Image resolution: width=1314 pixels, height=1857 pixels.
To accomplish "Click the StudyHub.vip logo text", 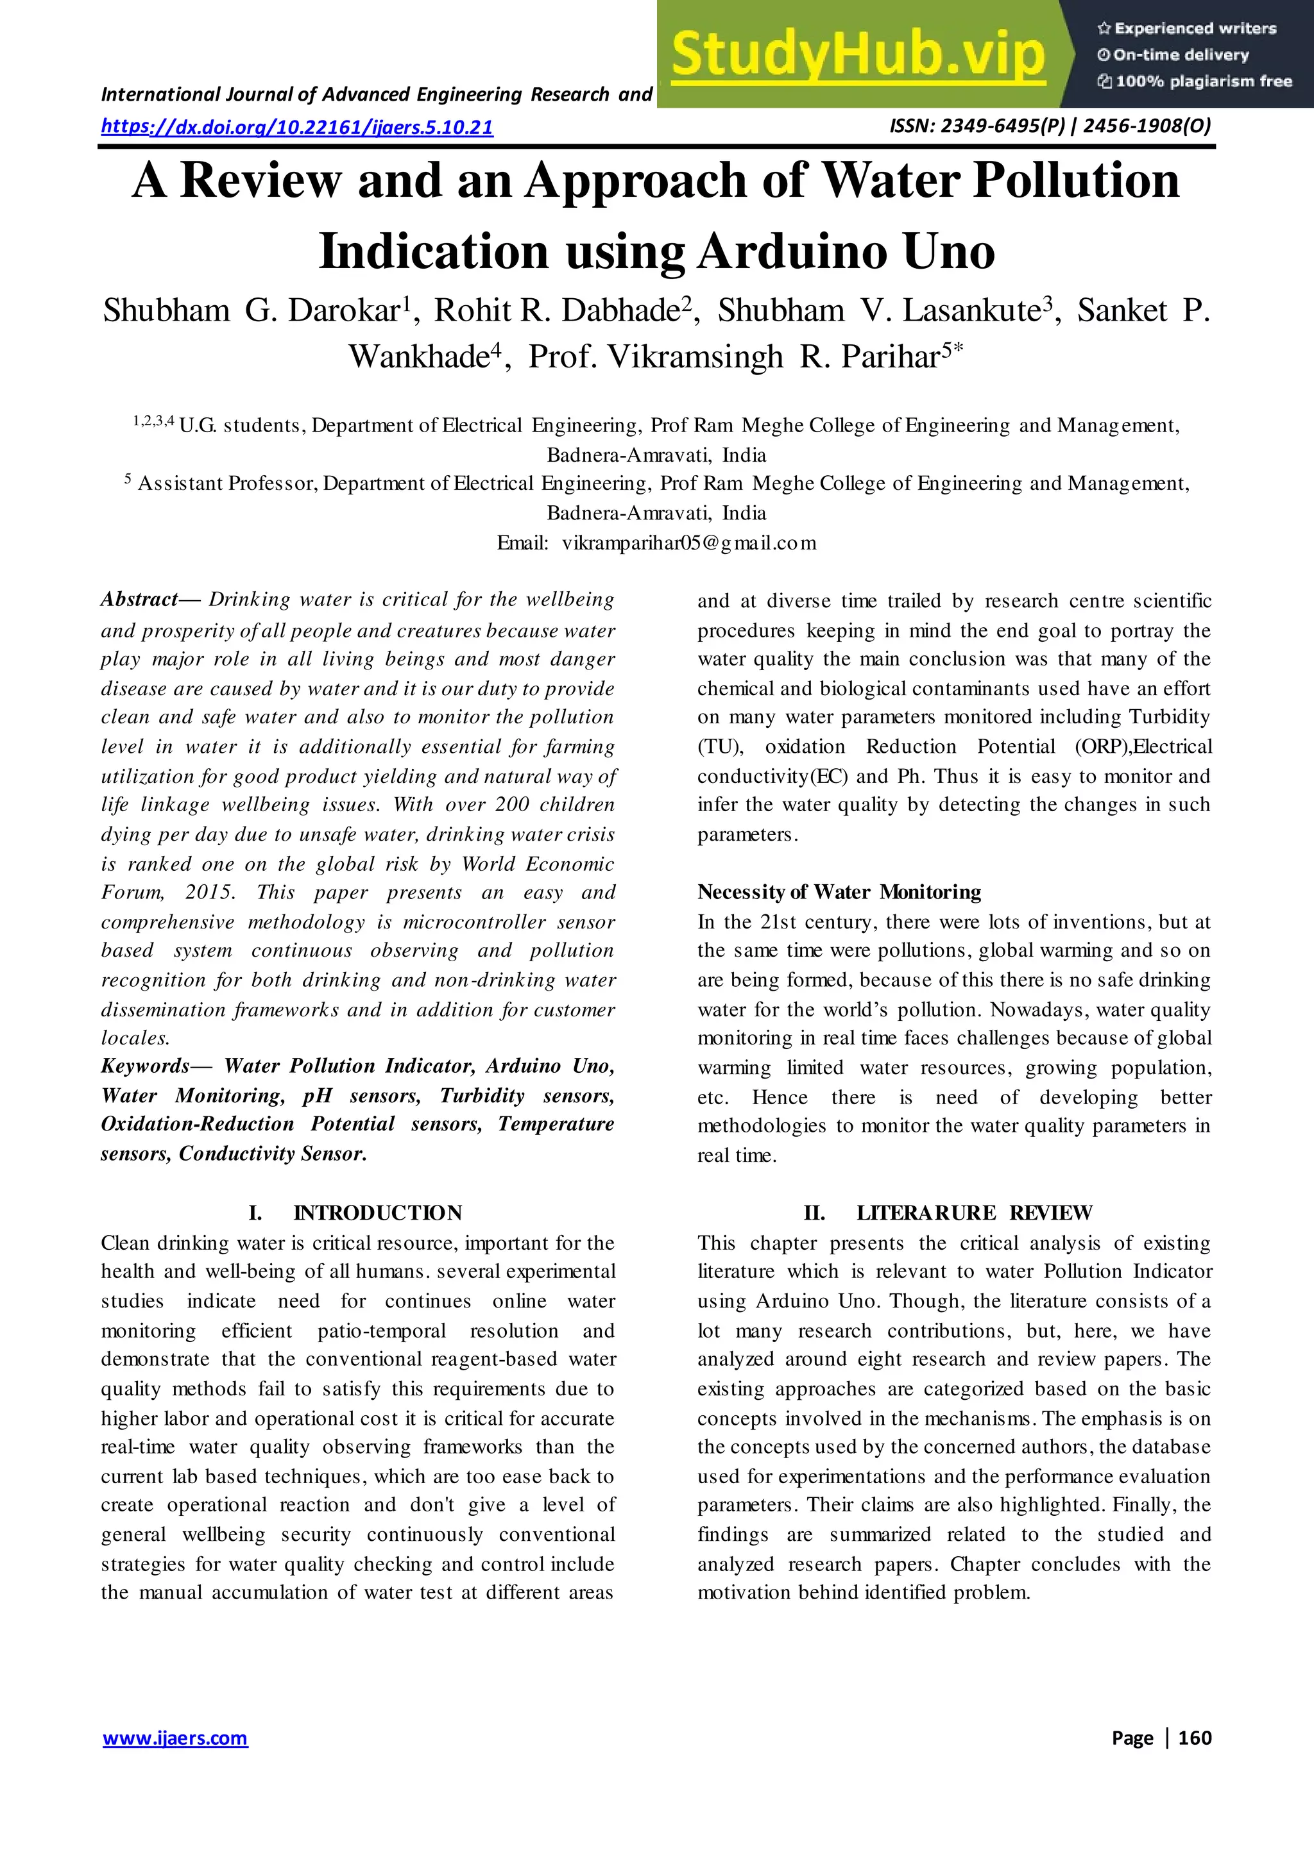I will click(x=858, y=55).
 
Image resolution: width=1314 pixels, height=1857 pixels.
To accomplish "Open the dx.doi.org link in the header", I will click(x=297, y=127).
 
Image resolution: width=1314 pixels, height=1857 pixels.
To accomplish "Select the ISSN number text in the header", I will click(x=1050, y=126).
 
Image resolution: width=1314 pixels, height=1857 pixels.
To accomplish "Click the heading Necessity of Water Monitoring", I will click(x=839, y=892).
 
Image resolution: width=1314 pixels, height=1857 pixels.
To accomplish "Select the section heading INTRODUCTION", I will click(x=377, y=1213).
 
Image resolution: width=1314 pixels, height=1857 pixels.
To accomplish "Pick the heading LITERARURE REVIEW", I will click(x=974, y=1213).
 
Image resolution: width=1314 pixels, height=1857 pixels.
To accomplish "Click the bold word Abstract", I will click(x=139, y=600).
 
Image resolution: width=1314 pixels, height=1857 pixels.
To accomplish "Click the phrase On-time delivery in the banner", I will click(x=1180, y=55).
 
